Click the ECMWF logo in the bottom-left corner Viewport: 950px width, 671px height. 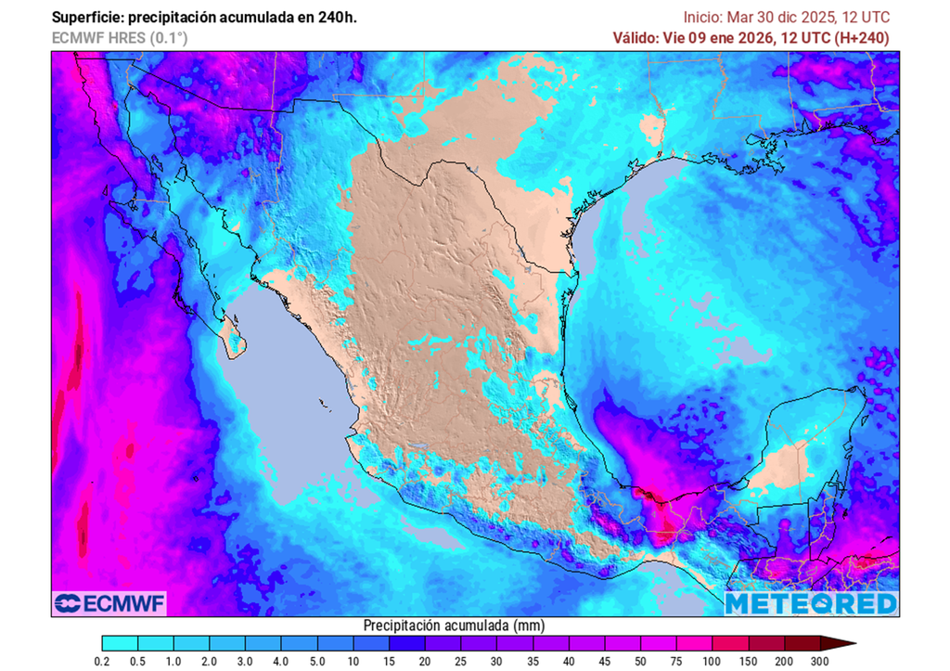pyautogui.click(x=109, y=603)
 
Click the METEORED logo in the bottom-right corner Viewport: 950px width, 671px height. pyautogui.click(x=811, y=603)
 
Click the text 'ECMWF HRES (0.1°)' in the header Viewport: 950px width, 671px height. pyautogui.click(x=119, y=38)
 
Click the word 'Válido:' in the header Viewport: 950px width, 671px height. pyautogui.click(x=636, y=38)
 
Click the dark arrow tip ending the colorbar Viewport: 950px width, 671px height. pyautogui.click(x=850, y=642)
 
